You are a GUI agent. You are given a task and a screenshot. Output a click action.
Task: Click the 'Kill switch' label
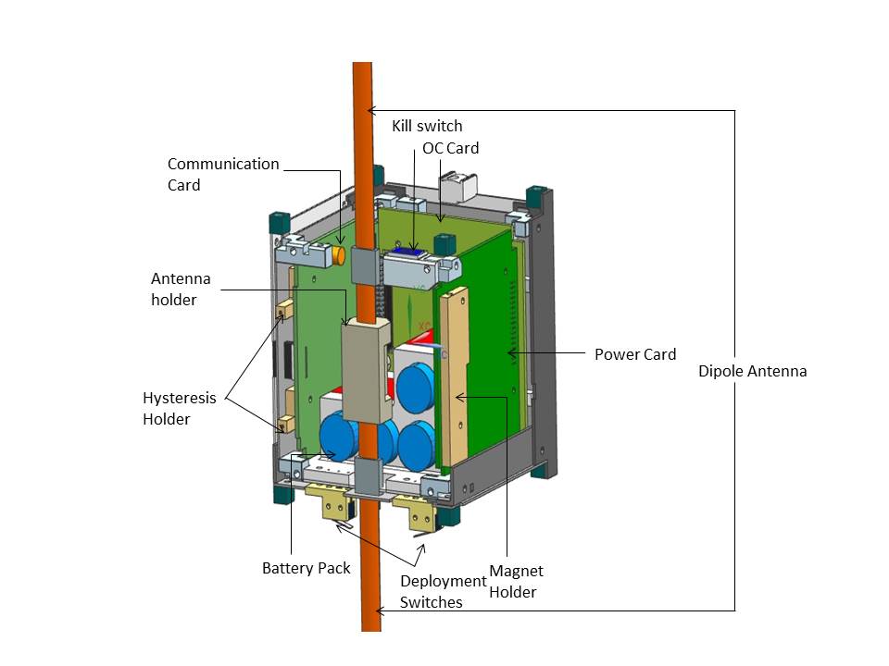426,125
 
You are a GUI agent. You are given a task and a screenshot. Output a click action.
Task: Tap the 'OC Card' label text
450,147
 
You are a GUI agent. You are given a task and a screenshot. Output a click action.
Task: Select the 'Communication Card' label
223,174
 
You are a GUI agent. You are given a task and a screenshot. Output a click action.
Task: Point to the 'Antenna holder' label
182,289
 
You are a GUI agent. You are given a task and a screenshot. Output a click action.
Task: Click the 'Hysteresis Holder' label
180,408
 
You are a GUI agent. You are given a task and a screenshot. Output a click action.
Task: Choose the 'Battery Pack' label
306,567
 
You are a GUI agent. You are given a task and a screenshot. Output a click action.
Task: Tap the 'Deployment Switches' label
443,591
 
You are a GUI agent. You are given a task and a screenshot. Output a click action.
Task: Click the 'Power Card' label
634,354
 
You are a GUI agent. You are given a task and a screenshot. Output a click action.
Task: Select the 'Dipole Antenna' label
753,371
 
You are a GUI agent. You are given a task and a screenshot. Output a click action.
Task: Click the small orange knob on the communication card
340,253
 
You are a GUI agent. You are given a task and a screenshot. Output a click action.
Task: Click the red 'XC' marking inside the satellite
423,327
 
